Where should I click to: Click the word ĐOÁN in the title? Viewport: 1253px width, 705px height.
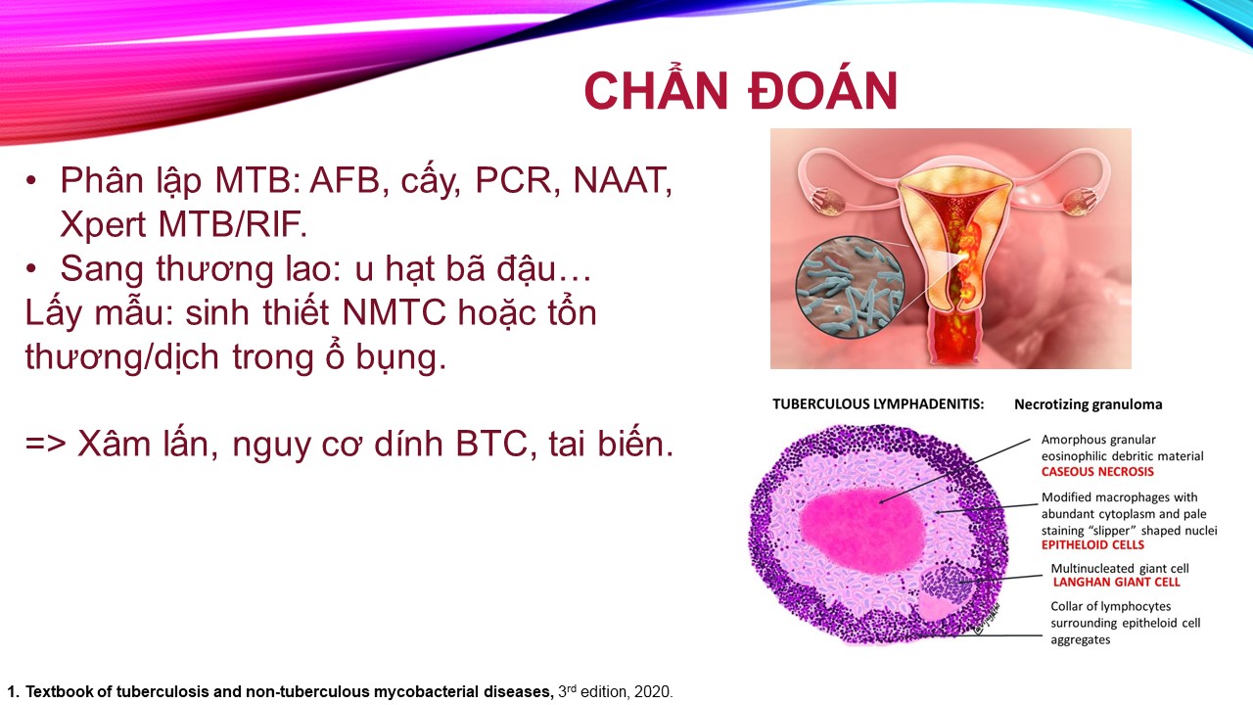coord(823,90)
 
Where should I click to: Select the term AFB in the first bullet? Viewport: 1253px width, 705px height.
coord(345,180)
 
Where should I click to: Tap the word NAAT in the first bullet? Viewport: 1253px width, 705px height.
coord(621,180)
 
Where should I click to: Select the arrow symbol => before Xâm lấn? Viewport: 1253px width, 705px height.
coord(46,445)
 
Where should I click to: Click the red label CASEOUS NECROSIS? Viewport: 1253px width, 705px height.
coord(1097,472)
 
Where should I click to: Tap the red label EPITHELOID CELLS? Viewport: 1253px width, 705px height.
coord(1093,545)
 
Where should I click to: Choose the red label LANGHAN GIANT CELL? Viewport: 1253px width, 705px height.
coord(1117,583)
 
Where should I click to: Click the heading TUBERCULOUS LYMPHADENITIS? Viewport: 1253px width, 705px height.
coord(878,404)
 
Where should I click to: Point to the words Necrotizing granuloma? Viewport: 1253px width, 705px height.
coord(1089,404)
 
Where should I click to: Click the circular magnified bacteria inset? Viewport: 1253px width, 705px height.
coord(850,287)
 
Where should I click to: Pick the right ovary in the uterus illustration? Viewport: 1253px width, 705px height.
coord(1078,203)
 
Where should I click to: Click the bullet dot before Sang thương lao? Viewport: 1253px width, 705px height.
coord(31,268)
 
